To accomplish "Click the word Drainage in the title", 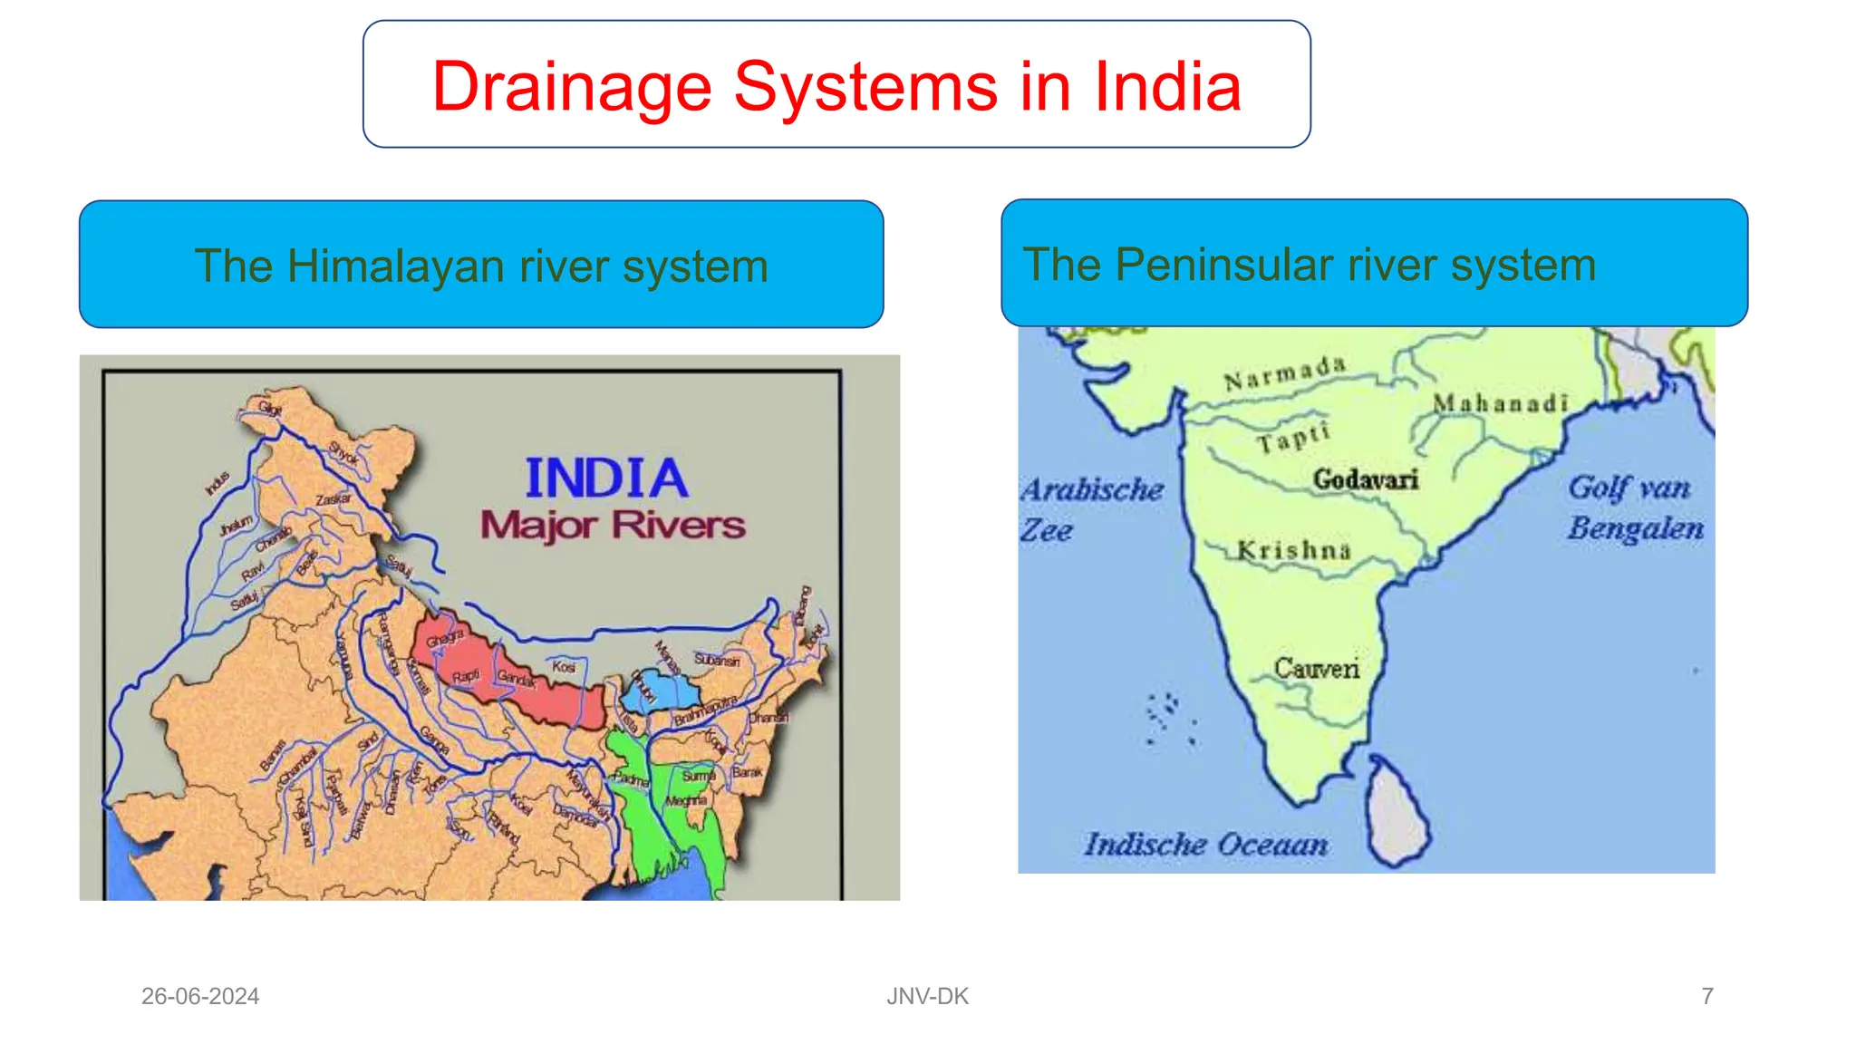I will [572, 87].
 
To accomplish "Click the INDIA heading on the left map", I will [606, 478].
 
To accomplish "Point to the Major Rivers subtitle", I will [613, 525].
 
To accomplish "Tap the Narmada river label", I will [1284, 373].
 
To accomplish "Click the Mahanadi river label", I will [1500, 403].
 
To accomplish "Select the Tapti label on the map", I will [1293, 439].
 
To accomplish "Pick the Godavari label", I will [1365, 479].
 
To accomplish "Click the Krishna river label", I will [1293, 550].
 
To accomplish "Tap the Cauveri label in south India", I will [1317, 669].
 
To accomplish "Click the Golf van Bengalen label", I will [1634, 507].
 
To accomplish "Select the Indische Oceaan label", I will [1205, 845].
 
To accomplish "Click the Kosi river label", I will [564, 666].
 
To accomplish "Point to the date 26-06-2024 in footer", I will [200, 996].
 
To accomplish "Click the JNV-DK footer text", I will [927, 996].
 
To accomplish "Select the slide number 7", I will [1707, 996].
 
